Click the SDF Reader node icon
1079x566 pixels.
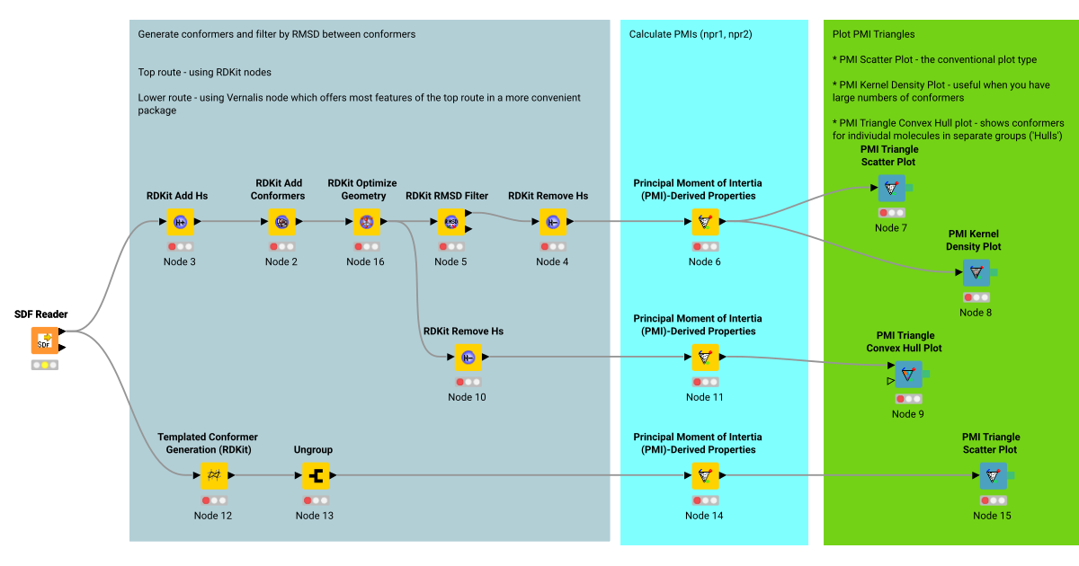click(45, 340)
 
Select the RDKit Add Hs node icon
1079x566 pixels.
click(180, 222)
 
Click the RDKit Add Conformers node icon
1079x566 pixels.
click(281, 222)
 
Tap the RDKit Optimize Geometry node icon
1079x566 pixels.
click(366, 222)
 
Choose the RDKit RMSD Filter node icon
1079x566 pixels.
click(451, 222)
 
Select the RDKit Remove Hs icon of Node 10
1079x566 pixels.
click(468, 358)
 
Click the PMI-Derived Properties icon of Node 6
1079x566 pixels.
click(705, 222)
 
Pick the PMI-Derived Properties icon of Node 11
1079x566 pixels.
click(705, 358)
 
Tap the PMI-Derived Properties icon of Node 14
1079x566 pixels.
click(705, 474)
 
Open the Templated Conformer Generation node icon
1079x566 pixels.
click(214, 474)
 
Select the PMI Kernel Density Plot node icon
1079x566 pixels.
click(976, 272)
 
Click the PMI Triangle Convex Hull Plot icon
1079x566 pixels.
click(908, 374)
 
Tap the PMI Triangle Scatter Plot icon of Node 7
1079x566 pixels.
click(891, 188)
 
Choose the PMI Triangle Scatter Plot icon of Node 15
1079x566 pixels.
click(993, 475)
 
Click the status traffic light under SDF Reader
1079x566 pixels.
click(45, 366)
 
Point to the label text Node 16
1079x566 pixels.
click(365, 262)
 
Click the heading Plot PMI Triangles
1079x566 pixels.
click(874, 34)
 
